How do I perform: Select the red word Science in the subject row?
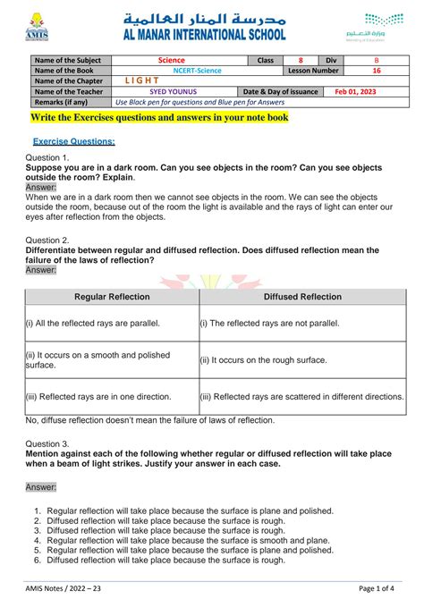pyautogui.click(x=171, y=60)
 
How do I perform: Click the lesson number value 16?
pyautogui.click(x=376, y=71)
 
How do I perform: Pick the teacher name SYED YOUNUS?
pyautogui.click(x=173, y=91)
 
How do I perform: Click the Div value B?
pyautogui.click(x=376, y=60)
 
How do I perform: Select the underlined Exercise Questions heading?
pyautogui.click(x=73, y=141)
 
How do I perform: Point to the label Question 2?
pyautogui.click(x=47, y=240)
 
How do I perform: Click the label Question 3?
pyautogui.click(x=47, y=443)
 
